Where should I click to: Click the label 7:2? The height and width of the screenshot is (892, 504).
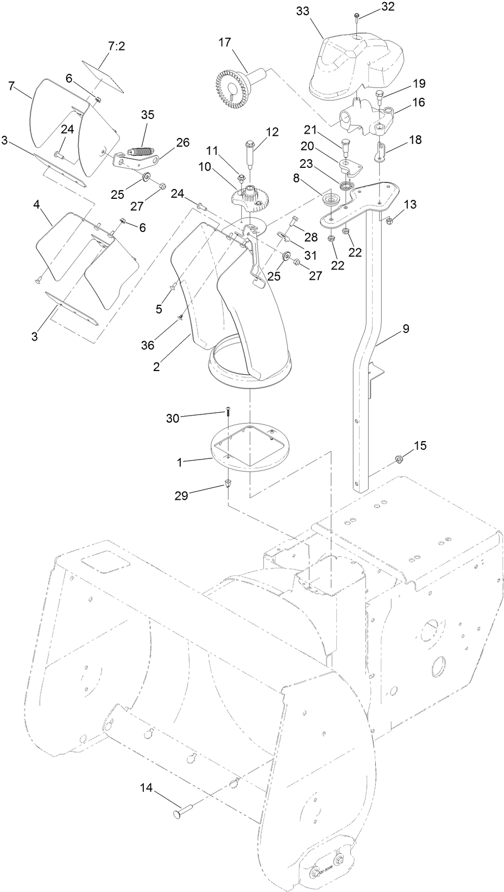tap(117, 46)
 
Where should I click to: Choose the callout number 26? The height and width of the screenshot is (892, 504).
tap(182, 142)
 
